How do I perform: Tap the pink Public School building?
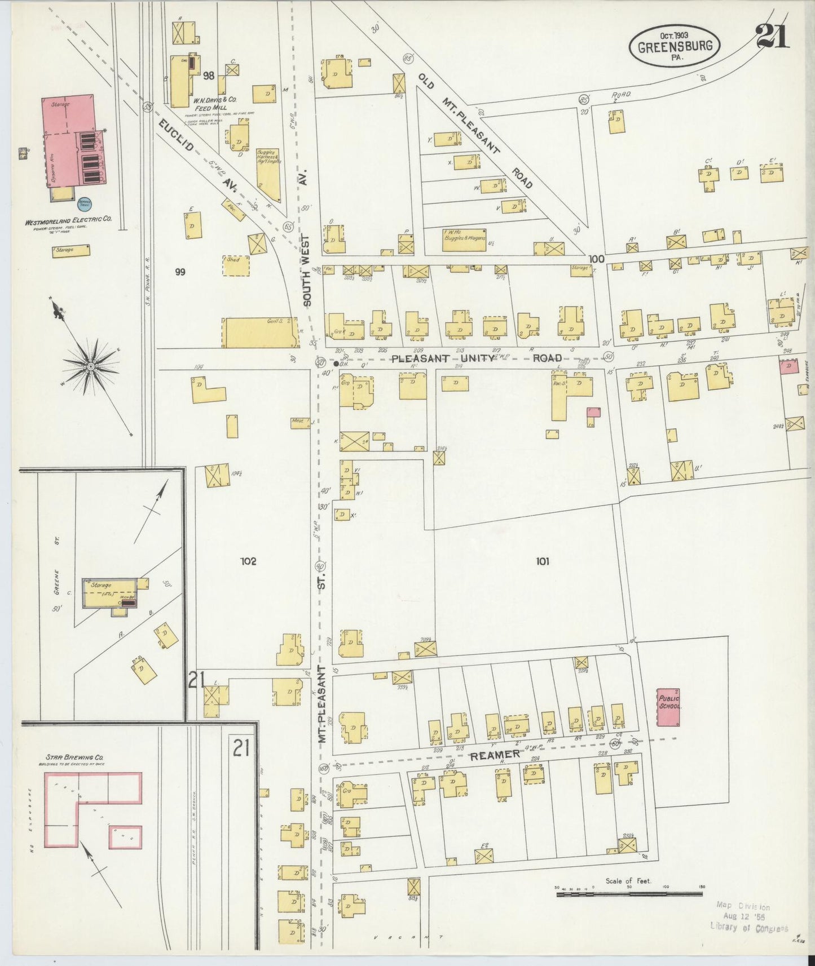(669, 707)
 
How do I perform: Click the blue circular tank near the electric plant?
(85, 203)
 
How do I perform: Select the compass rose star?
(90, 366)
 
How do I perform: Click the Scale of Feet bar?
(629, 894)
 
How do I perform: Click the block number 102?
(248, 561)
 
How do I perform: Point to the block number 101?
(543, 561)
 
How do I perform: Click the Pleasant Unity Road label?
(477, 358)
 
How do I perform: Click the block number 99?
(180, 272)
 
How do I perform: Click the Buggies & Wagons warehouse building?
(464, 240)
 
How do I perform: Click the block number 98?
(209, 76)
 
